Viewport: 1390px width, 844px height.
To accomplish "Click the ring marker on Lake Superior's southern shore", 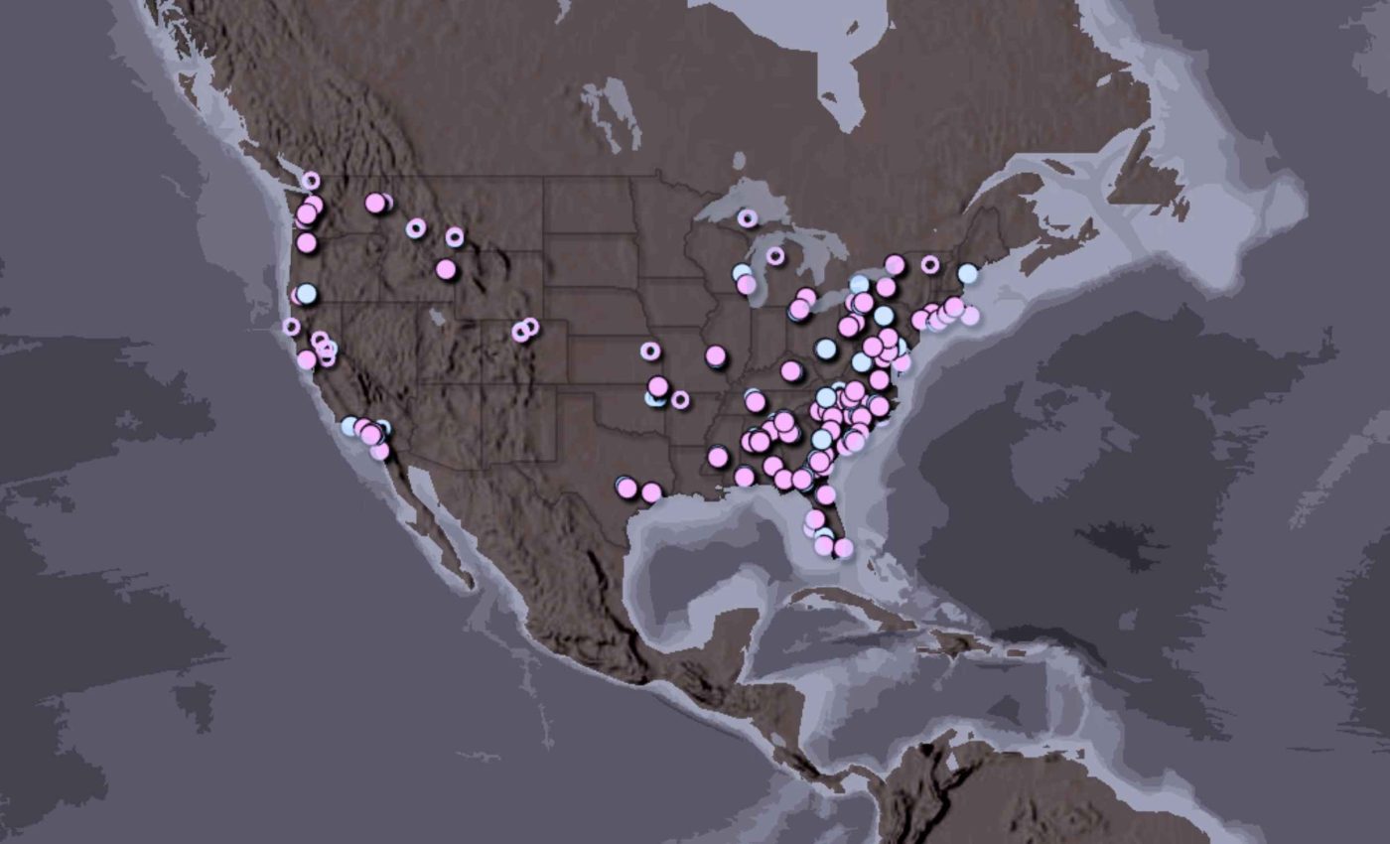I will [748, 218].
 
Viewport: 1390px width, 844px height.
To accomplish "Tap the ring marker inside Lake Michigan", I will [775, 256].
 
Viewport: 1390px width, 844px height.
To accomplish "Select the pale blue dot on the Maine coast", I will [968, 273].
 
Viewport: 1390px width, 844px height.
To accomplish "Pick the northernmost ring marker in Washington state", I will [311, 181].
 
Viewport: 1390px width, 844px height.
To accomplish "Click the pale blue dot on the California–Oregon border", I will [307, 294].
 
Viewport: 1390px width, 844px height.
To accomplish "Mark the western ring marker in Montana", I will [416, 228].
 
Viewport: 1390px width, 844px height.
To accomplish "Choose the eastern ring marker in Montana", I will [455, 236].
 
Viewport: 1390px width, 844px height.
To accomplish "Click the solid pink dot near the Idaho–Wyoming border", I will [446, 269].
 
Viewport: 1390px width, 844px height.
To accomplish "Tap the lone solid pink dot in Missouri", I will [716, 355].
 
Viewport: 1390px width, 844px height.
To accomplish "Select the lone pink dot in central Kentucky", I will [791, 371].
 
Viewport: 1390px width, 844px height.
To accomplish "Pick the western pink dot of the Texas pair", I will [626, 488].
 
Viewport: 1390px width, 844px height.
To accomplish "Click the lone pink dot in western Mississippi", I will [718, 457].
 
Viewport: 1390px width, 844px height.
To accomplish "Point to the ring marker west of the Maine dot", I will [930, 264].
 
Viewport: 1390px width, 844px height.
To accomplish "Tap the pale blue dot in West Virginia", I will [826, 349].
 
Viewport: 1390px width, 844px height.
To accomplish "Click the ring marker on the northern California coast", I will [291, 326].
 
